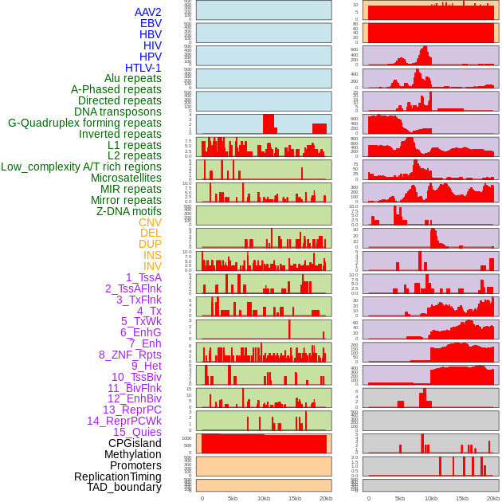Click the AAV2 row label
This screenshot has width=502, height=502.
tap(147, 12)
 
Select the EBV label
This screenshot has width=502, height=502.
tap(150, 23)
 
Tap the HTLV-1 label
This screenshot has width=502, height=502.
tap(143, 68)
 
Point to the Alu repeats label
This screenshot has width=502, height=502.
tap(132, 78)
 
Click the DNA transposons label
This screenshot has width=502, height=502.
tap(117, 112)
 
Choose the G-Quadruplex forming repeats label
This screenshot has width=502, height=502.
tap(84, 123)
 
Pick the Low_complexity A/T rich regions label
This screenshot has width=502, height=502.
tap(80, 167)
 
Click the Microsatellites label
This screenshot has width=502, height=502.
tap(126, 178)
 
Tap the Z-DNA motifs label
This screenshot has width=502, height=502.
tap(128, 211)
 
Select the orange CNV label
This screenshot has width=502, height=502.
tap(150, 222)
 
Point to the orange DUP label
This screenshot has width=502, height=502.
tap(150, 244)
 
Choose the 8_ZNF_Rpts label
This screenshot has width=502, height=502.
tap(130, 355)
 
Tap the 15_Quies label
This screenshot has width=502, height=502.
tap(136, 432)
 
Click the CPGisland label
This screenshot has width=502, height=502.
tap(135, 443)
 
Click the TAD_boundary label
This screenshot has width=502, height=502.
tap(124, 487)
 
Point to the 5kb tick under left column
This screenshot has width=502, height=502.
tap(233, 498)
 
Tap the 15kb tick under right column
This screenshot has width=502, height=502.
tap(462, 498)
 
